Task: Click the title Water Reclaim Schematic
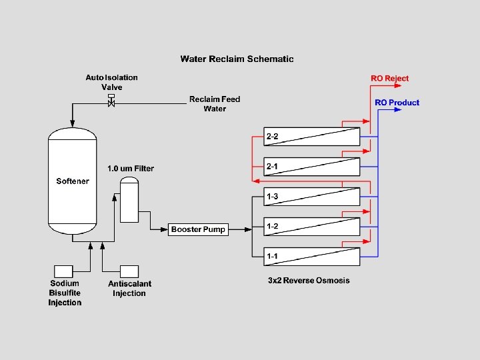[237, 59]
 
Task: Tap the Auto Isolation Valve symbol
[111, 102]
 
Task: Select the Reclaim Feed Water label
[214, 104]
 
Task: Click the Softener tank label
[73, 181]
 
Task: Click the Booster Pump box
[199, 229]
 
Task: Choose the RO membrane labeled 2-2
[312, 137]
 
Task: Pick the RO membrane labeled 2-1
[312, 167]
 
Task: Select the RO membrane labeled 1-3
[312, 197]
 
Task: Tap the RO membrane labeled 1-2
[312, 227]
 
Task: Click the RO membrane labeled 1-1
[312, 256]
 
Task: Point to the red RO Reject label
[390, 79]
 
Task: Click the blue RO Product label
[397, 103]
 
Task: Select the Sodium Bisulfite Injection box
[63, 271]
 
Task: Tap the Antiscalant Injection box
[129, 271]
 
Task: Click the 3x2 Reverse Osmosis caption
[309, 281]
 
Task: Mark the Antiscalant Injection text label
[130, 289]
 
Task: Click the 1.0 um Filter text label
[131, 169]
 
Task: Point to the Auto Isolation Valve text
[111, 82]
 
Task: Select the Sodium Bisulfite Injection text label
[65, 293]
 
